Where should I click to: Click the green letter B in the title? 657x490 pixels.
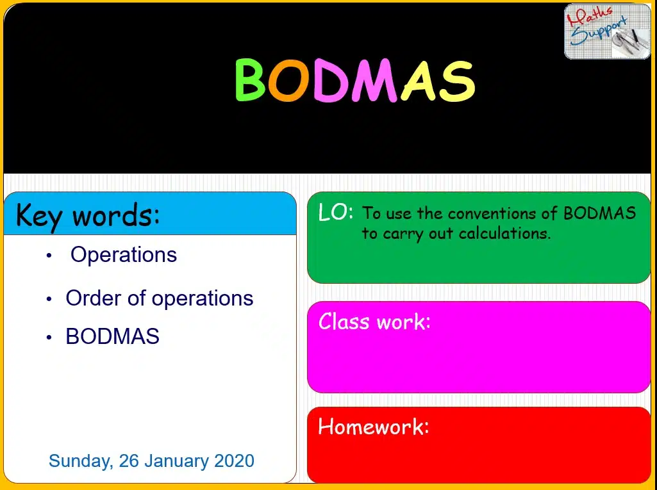click(x=250, y=79)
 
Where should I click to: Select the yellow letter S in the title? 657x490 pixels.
click(x=457, y=81)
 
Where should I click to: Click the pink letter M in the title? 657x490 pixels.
click(x=374, y=80)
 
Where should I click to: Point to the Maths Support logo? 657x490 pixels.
click(x=607, y=31)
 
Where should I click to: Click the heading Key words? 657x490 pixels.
click(x=88, y=215)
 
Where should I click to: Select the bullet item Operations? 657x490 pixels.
click(x=124, y=255)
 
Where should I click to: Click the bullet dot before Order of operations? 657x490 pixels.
click(x=49, y=299)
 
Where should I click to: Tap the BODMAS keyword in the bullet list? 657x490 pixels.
click(x=112, y=336)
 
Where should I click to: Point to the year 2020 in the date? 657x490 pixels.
click(x=234, y=461)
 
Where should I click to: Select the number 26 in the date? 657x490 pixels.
click(x=129, y=461)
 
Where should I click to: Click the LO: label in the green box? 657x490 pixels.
click(x=336, y=213)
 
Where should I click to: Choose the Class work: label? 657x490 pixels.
click(x=374, y=322)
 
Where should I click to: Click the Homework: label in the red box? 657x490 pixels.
click(x=374, y=427)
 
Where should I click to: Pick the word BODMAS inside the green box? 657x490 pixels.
click(x=599, y=213)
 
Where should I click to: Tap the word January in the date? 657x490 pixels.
click(x=176, y=461)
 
